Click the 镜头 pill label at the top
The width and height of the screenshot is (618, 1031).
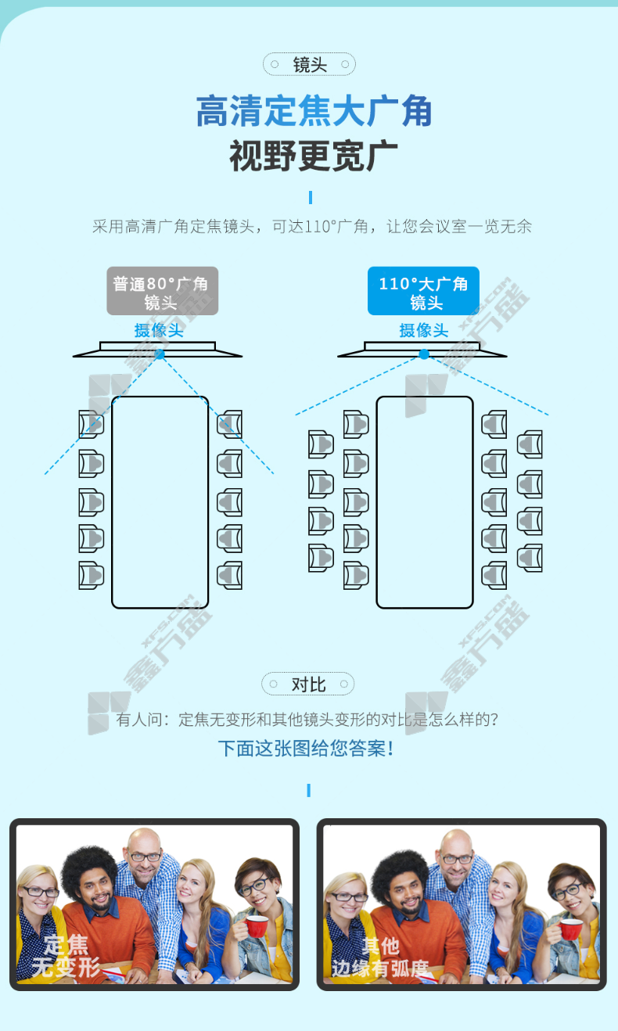(x=309, y=64)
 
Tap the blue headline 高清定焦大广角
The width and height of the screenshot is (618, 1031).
(x=314, y=111)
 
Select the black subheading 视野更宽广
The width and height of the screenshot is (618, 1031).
(x=314, y=156)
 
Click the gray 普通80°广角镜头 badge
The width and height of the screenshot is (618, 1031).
(x=163, y=291)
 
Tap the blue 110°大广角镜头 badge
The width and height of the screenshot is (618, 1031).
(x=423, y=291)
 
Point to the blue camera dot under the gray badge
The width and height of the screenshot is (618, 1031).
(x=160, y=354)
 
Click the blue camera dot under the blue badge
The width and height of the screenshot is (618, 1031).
(x=424, y=354)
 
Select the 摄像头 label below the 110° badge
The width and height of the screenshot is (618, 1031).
(x=424, y=330)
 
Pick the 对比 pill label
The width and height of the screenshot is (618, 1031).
(x=308, y=684)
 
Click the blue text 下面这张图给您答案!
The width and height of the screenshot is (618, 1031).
(x=306, y=749)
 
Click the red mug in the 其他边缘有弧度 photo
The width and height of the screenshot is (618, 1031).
(x=570, y=929)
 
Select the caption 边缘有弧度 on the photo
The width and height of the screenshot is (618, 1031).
(x=380, y=968)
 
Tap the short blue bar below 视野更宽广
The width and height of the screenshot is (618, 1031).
(x=311, y=197)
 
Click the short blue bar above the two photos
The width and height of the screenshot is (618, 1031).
(x=309, y=790)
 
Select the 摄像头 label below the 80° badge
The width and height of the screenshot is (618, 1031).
(x=159, y=330)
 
